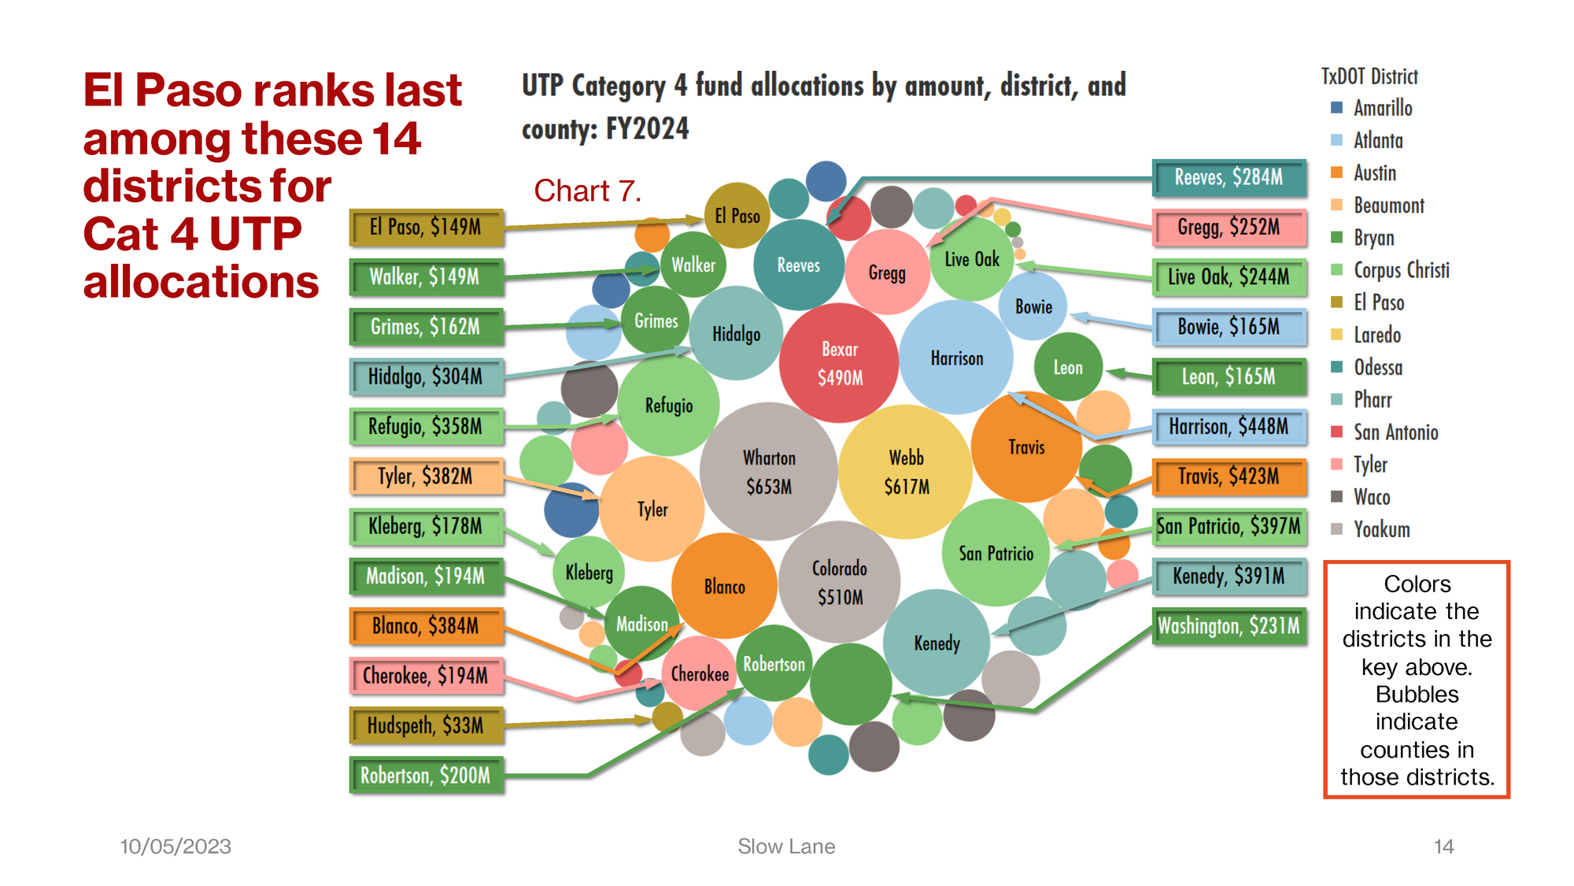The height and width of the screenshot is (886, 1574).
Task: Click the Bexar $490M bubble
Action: click(839, 363)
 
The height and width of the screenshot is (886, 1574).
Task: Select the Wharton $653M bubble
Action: click(769, 472)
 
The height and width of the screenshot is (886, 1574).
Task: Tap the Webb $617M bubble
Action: click(906, 472)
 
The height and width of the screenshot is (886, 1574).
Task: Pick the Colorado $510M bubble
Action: click(839, 582)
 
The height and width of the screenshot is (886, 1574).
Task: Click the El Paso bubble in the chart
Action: click(737, 215)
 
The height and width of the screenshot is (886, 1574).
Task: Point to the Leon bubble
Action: click(1068, 367)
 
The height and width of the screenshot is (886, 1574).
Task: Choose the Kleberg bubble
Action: click(589, 573)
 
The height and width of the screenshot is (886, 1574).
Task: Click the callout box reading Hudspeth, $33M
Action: click(426, 725)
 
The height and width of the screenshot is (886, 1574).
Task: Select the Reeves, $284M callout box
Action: click(1229, 177)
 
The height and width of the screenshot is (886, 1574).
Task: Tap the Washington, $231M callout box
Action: click(1229, 626)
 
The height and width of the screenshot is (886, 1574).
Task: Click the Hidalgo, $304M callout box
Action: click(426, 376)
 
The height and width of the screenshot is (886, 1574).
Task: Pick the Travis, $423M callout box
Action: click(1229, 476)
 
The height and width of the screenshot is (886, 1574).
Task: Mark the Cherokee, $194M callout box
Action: click(426, 676)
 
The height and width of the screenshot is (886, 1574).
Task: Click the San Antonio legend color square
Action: click(1336, 432)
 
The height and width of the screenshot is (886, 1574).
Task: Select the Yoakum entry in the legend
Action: click(1381, 529)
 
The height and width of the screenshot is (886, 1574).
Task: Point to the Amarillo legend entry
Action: click(1382, 108)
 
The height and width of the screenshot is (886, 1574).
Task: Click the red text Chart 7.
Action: click(587, 191)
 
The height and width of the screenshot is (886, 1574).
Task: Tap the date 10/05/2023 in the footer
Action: click(176, 847)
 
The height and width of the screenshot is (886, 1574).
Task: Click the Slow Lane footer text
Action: click(786, 847)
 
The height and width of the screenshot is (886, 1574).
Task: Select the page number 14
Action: click(1443, 847)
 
